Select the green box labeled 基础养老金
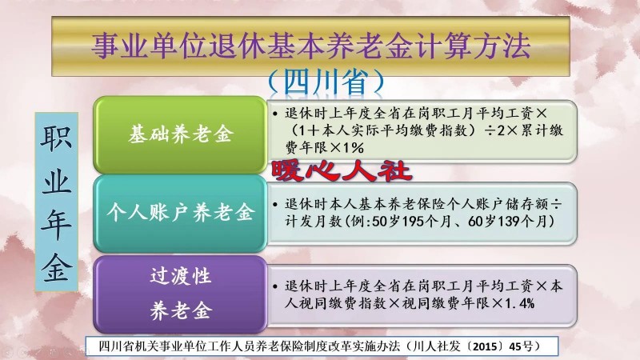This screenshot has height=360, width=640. pyautogui.click(x=180, y=134)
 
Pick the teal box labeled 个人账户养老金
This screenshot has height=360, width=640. pyautogui.click(x=180, y=213)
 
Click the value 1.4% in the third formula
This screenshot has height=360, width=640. pyautogui.click(x=519, y=303)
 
